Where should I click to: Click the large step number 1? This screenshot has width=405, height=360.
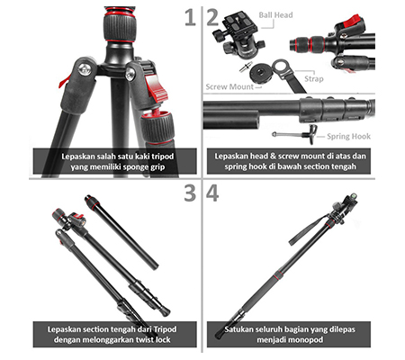[190, 17]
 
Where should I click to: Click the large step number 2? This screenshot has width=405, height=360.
[212, 17]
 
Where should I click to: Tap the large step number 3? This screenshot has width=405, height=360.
[190, 193]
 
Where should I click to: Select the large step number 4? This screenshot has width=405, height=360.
[212, 193]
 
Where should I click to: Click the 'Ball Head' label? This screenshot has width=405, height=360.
[275, 15]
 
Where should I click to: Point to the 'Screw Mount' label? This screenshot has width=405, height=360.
[229, 86]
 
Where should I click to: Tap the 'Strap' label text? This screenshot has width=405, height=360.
[314, 79]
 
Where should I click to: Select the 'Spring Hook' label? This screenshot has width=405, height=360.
[348, 137]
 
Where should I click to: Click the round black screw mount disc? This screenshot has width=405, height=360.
[260, 73]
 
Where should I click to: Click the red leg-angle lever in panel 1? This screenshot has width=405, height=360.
[155, 89]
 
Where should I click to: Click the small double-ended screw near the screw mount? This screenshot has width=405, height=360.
[244, 67]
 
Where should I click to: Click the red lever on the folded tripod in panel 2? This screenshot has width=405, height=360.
[351, 21]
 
